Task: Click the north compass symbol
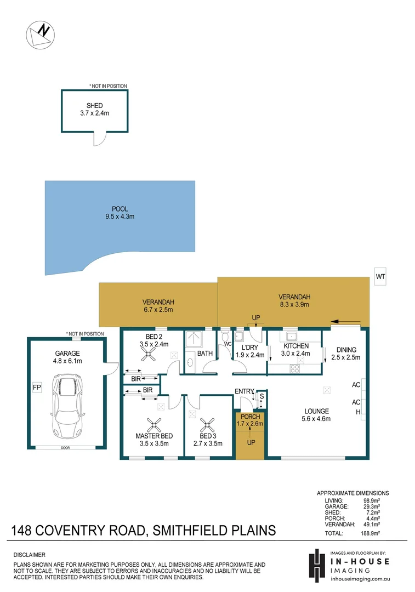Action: point(41,34)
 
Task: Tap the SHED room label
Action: point(94,106)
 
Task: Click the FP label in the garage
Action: point(37,388)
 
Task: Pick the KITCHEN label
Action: point(296,346)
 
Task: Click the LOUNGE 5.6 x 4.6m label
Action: point(317,415)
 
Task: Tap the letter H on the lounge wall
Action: point(358,412)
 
